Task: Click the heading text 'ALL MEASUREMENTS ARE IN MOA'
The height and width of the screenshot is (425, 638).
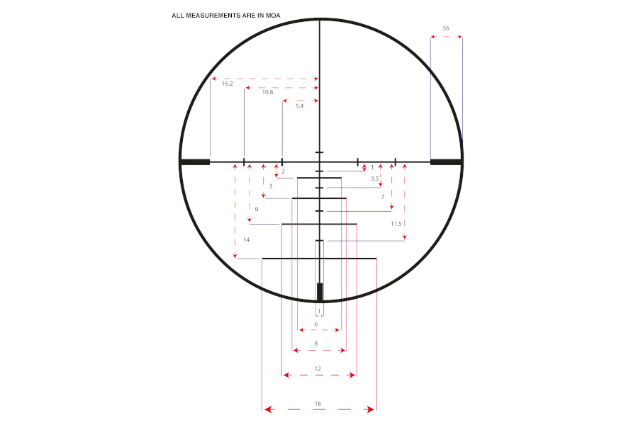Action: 226,16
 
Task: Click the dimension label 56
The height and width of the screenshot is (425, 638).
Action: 446,28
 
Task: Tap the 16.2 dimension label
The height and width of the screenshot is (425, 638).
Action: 228,84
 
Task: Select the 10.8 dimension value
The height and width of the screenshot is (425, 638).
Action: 267,92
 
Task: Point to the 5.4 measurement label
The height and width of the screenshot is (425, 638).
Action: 299,106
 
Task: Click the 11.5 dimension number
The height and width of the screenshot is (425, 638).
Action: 396,224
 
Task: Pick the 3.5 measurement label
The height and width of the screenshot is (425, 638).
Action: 375,178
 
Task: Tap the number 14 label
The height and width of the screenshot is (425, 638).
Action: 246,240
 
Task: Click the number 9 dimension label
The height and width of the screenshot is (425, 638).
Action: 257,210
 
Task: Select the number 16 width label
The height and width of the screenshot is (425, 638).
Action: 318,404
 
